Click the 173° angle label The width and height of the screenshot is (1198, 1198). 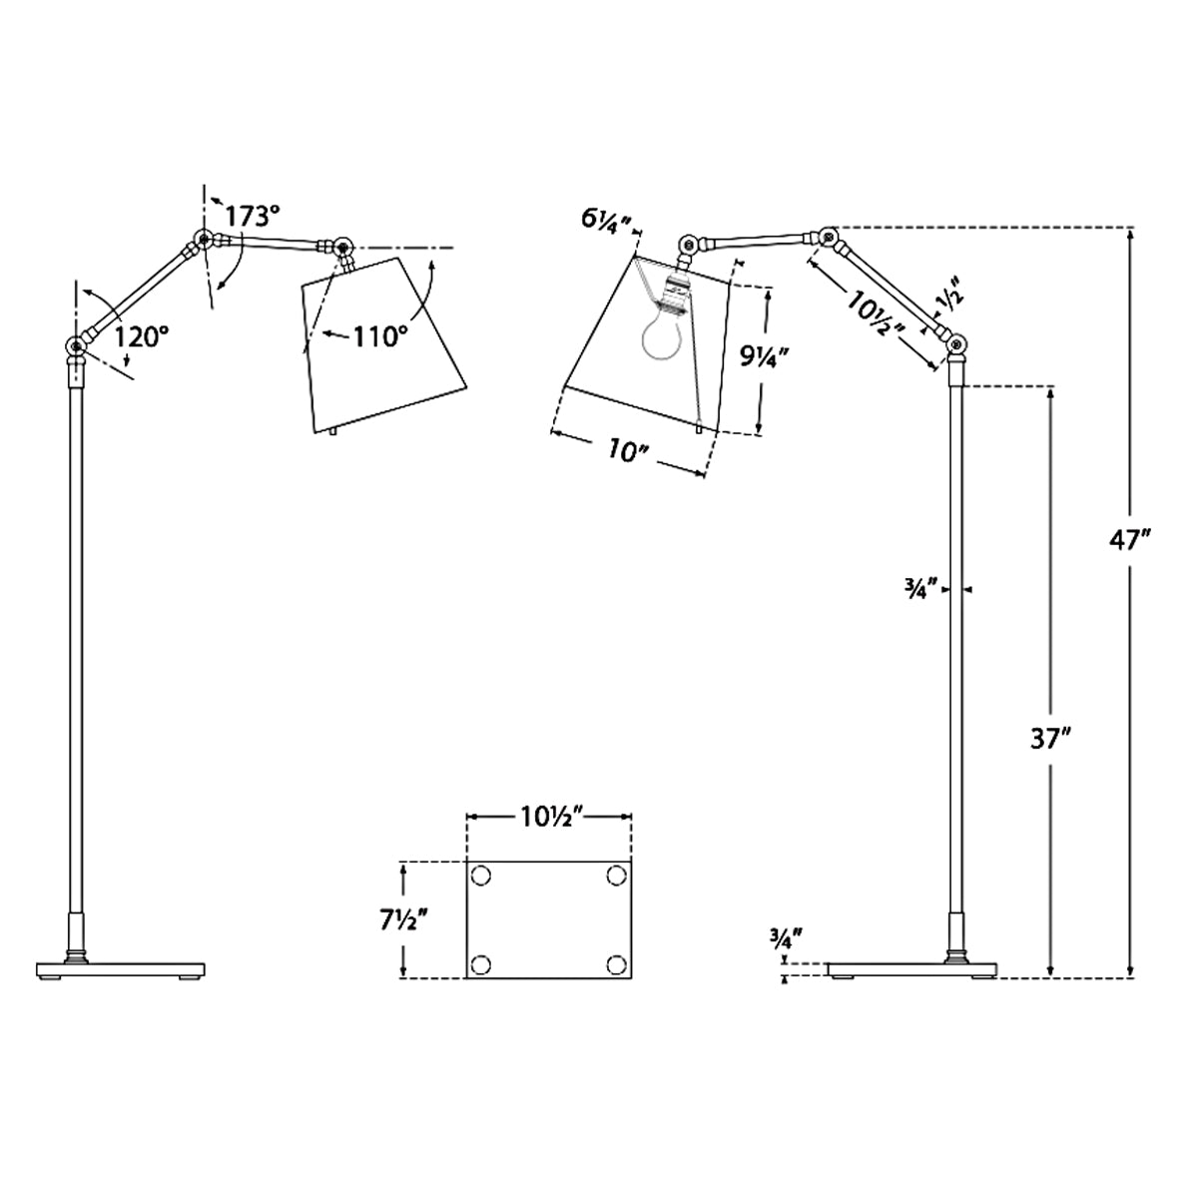[252, 217]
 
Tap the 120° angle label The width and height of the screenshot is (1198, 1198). [142, 337]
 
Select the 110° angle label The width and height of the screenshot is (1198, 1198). [380, 337]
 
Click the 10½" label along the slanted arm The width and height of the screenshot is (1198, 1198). [877, 310]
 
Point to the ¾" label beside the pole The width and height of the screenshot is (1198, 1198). [924, 590]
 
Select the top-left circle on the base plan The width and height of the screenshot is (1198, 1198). [480, 876]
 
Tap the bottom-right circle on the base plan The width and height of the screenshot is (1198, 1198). [617, 964]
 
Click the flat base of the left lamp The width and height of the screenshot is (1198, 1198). [121, 969]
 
